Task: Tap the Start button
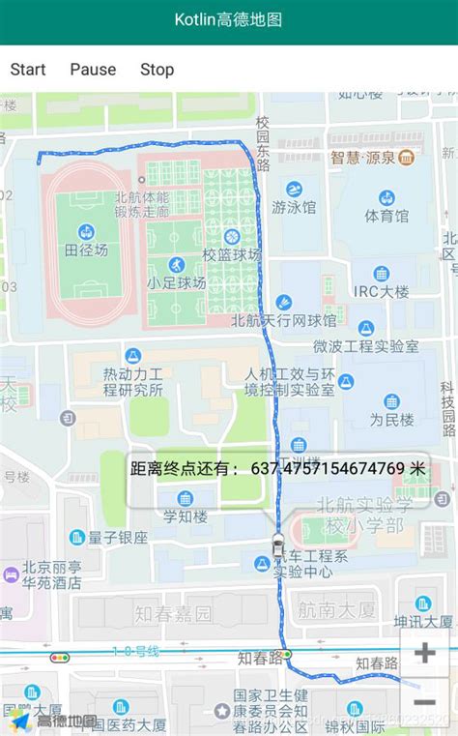tap(28, 70)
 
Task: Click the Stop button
tap(157, 70)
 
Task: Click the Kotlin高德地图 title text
tap(228, 19)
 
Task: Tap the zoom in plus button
tap(424, 653)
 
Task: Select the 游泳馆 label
tap(293, 207)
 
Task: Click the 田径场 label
tap(86, 250)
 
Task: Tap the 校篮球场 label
tap(231, 254)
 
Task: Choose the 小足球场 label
tap(176, 282)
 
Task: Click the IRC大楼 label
tap(381, 291)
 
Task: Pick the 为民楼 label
tap(391, 420)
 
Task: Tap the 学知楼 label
tap(185, 515)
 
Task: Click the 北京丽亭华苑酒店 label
tap(52, 574)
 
